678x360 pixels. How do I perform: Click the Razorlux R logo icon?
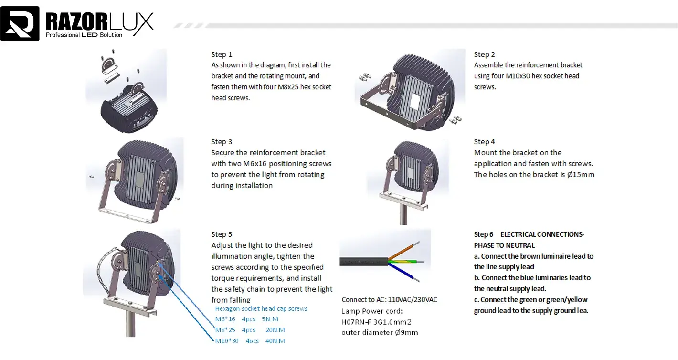(x=20, y=23)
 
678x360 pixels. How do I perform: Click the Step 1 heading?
(x=222, y=54)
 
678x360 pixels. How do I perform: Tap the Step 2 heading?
(x=484, y=54)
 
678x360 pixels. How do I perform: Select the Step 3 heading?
(x=222, y=142)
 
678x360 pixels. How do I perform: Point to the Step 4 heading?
(x=484, y=142)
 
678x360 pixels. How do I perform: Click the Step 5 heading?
(x=222, y=234)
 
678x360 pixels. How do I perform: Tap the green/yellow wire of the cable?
(x=406, y=261)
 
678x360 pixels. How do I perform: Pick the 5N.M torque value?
(x=270, y=319)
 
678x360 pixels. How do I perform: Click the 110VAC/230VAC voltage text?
(x=412, y=300)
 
